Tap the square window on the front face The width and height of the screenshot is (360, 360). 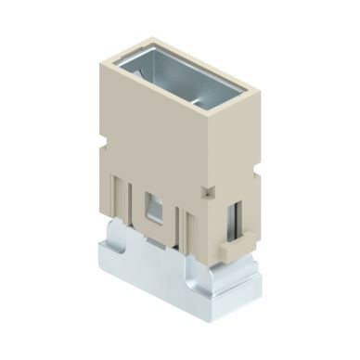pyautogui.click(x=153, y=206)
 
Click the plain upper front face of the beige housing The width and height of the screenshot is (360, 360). pyautogui.click(x=153, y=139)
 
